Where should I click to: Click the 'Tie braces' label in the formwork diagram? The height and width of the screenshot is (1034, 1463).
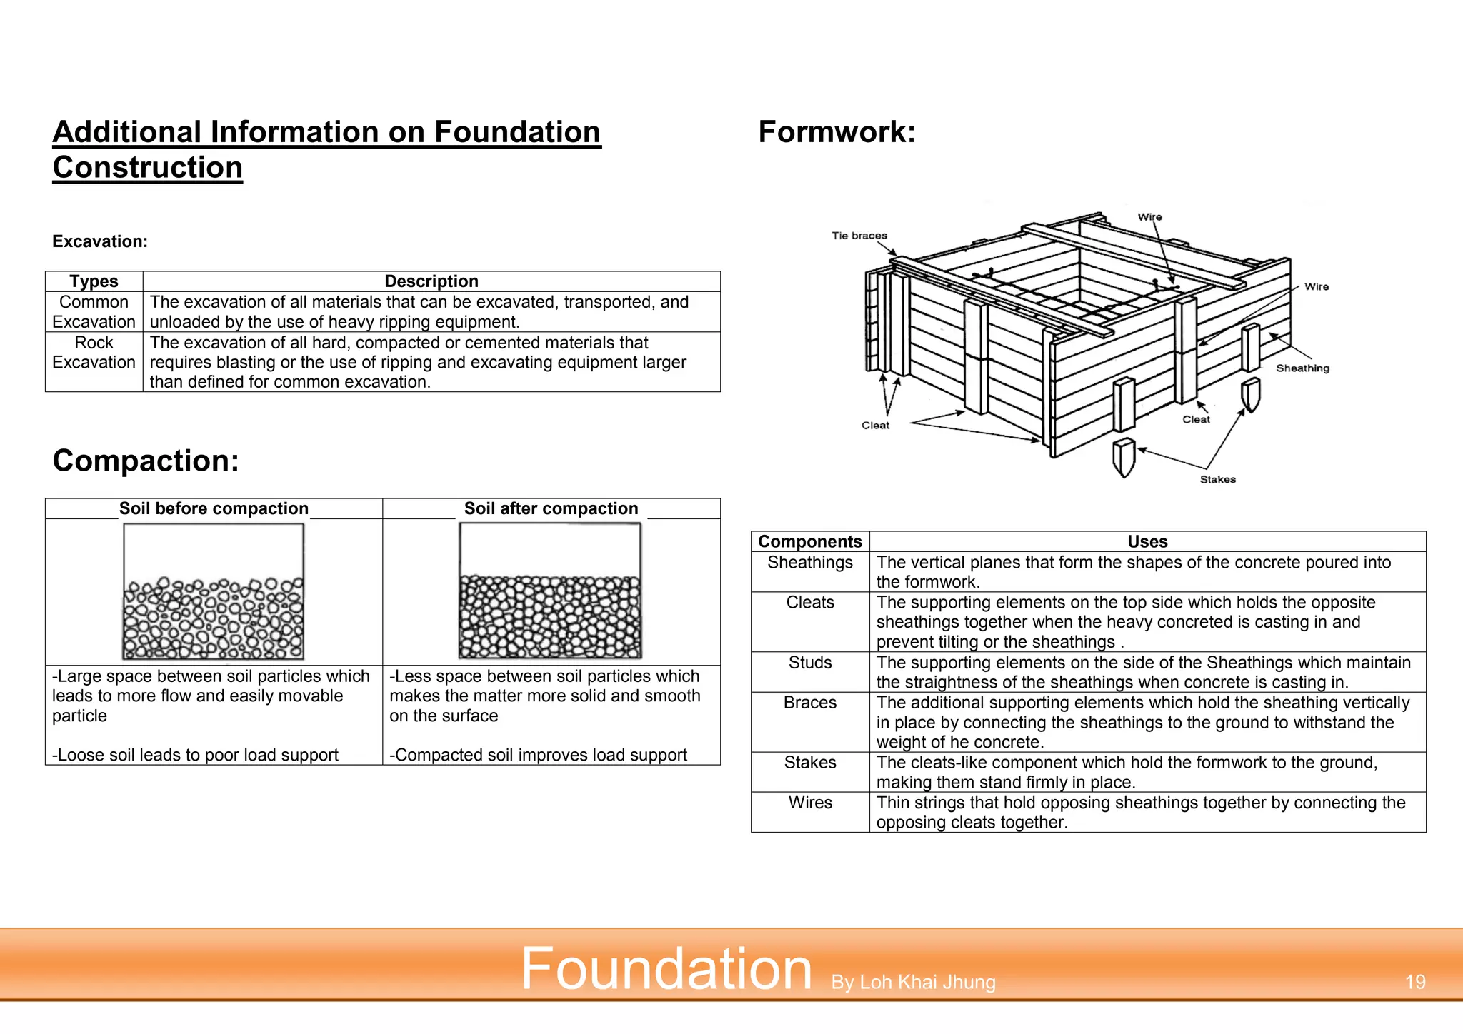tap(859, 236)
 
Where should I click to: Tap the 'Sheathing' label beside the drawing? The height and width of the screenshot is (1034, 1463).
tap(1302, 368)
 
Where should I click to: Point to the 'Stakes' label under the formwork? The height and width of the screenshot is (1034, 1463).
tap(1217, 480)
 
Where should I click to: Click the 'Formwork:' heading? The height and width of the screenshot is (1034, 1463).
tap(837, 132)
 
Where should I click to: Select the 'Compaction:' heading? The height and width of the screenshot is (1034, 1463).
tap(146, 461)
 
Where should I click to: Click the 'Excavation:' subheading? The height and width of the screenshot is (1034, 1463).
tap(100, 241)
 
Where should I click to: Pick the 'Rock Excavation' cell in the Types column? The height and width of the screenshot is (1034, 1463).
tap(94, 353)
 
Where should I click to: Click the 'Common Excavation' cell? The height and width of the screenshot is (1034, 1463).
tap(94, 312)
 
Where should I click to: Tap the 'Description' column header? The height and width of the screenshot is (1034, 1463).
tap(431, 281)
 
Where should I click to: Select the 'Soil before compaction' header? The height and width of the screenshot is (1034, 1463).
tap(214, 508)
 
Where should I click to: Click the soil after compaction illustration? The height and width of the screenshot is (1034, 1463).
tap(550, 591)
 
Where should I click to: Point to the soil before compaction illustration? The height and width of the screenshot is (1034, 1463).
tap(214, 591)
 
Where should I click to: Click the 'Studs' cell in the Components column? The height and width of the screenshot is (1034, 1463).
tap(809, 663)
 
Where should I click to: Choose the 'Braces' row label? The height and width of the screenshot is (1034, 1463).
tap(809, 703)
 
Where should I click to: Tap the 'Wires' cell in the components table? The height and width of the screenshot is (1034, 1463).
tap(809, 803)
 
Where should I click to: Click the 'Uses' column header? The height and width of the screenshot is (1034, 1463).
tap(1147, 541)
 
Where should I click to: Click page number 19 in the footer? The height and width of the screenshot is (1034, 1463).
tap(1414, 983)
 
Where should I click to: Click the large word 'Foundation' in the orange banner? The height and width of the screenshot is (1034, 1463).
tap(666, 969)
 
